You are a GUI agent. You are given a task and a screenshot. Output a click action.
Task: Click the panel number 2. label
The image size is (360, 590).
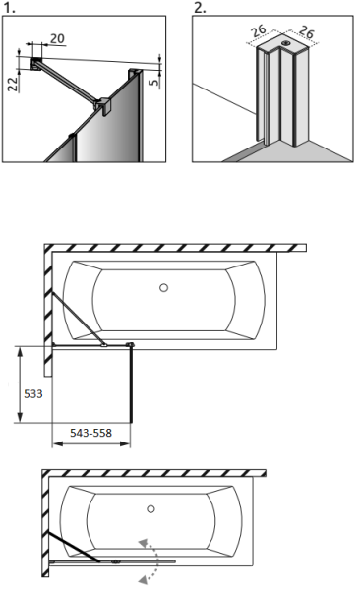tap(200, 7)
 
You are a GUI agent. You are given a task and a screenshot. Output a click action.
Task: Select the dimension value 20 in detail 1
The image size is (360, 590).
tap(57, 37)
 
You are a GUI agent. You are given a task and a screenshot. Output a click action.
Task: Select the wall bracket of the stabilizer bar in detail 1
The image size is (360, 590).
tap(36, 65)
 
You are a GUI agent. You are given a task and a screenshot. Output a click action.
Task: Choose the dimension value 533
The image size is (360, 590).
tap(32, 391)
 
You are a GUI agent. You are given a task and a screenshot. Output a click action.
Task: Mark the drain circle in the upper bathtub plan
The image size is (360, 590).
tap(163, 288)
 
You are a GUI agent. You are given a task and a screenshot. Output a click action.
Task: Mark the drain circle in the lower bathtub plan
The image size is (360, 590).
tap(150, 509)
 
